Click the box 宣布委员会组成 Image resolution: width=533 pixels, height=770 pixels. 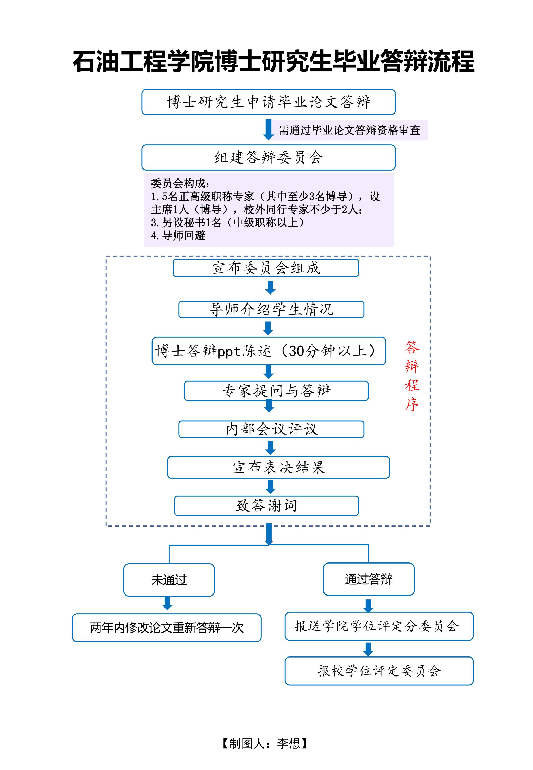pyautogui.click(x=266, y=268)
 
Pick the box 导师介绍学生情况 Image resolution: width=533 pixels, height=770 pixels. pyautogui.click(x=271, y=309)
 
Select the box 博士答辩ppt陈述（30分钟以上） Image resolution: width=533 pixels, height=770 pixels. pyautogui.click(x=269, y=351)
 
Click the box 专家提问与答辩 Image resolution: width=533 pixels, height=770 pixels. pyautogui.click(x=276, y=391)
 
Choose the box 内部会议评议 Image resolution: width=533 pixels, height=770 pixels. pyautogui.click(x=271, y=429)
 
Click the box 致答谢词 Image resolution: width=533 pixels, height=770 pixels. pyautogui.click(x=266, y=505)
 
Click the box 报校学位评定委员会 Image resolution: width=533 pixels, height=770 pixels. pyautogui.click(x=379, y=671)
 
